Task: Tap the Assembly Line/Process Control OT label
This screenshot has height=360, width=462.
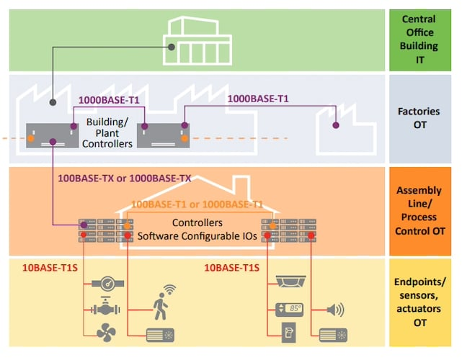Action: point(419,210)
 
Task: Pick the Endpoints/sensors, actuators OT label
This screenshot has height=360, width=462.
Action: point(419,302)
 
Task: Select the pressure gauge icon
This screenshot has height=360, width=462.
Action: point(109,283)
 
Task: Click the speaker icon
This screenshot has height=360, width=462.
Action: point(335,310)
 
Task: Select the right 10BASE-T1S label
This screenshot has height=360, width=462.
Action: point(231,268)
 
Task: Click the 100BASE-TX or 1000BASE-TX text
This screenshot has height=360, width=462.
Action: point(123,177)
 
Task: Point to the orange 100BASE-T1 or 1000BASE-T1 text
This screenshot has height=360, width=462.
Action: point(197,204)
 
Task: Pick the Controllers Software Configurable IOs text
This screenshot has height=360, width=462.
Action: point(196,230)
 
